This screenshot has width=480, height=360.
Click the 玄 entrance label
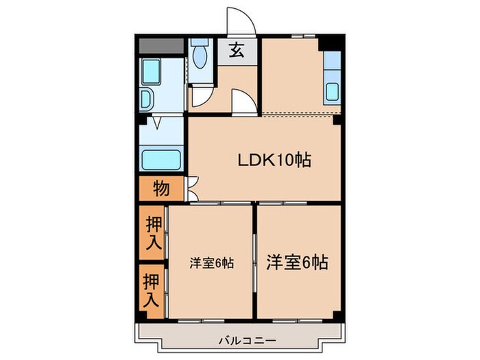pyautogui.click(x=236, y=50)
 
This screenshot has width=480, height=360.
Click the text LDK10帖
pyautogui.click(x=274, y=160)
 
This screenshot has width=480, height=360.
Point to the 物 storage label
pyautogui.click(x=161, y=187)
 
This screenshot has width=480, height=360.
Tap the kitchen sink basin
pyautogui.click(x=332, y=91)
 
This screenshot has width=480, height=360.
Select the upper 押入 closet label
pyautogui.click(x=153, y=233)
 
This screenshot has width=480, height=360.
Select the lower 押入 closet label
pyautogui.click(x=152, y=291)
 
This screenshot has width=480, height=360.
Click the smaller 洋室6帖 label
pyautogui.click(x=211, y=263)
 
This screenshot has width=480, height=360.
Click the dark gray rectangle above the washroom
pyautogui.click(x=161, y=47)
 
